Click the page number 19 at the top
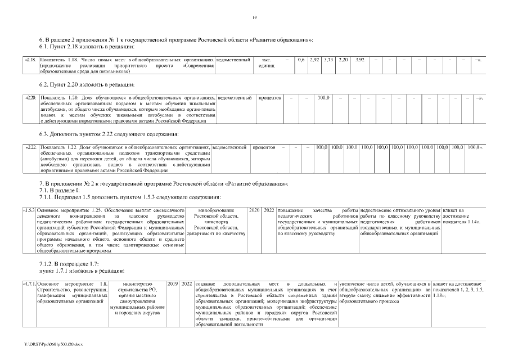click(x=254, y=19)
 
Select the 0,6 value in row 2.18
click(x=301, y=60)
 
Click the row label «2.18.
click(x=30, y=60)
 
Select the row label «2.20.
click(x=30, y=98)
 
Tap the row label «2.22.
click(x=30, y=147)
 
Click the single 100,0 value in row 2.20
click(x=323, y=98)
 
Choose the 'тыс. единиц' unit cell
click(x=263, y=62)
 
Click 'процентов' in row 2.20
click(x=269, y=98)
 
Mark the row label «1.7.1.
click(x=30, y=281)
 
